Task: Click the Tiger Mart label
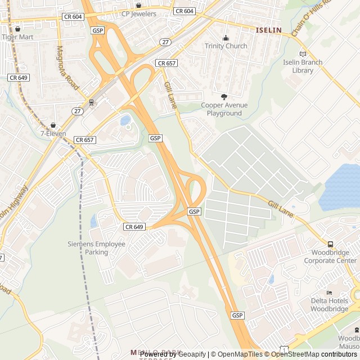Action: (18, 37)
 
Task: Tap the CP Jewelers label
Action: (139, 13)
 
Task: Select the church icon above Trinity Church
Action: (226, 38)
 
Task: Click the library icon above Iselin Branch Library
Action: (303, 54)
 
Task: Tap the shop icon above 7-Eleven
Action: (53, 125)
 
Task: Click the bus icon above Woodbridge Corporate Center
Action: (330, 245)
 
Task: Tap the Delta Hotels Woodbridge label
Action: (330, 305)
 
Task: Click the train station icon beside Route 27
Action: (91, 102)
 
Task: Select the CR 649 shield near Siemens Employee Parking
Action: (134, 227)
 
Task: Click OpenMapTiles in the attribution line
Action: (236, 354)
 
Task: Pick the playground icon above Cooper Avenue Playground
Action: (224, 97)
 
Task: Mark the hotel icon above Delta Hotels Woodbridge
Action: (330, 292)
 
